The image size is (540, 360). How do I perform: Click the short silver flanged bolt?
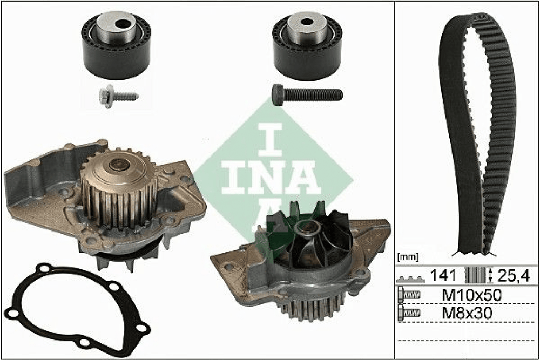coord(118,96)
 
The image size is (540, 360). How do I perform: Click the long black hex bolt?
coord(307,94)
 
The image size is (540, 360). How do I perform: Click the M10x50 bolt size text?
coord(471,295)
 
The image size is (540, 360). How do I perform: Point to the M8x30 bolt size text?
coord(467,313)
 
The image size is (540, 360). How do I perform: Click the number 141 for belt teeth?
coord(443,275)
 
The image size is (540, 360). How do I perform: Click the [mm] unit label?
coord(408,257)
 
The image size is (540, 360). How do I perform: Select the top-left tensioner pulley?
coord(116,45)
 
